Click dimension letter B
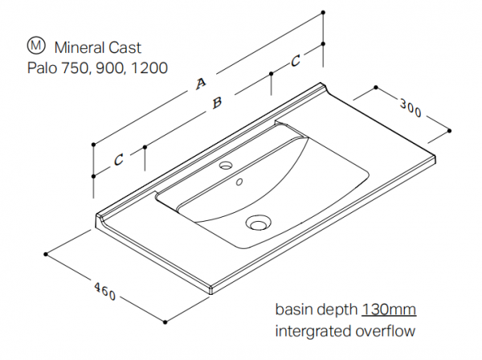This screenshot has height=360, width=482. (214, 103)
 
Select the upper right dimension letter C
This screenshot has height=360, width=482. (296, 59)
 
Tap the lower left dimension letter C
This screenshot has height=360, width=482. (118, 160)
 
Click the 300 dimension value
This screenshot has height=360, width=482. (410, 109)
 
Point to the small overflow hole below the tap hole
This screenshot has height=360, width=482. (239, 182)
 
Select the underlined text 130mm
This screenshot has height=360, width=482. (389, 309)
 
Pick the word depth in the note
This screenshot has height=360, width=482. (337, 309)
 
